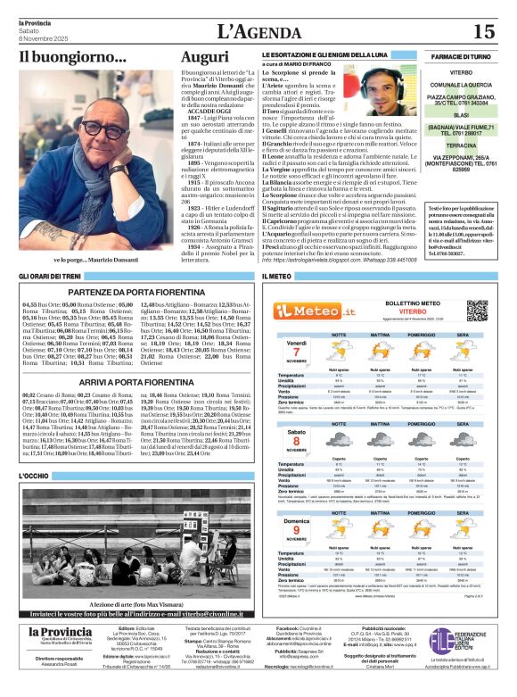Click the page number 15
(483, 32)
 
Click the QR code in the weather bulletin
(476, 310)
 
